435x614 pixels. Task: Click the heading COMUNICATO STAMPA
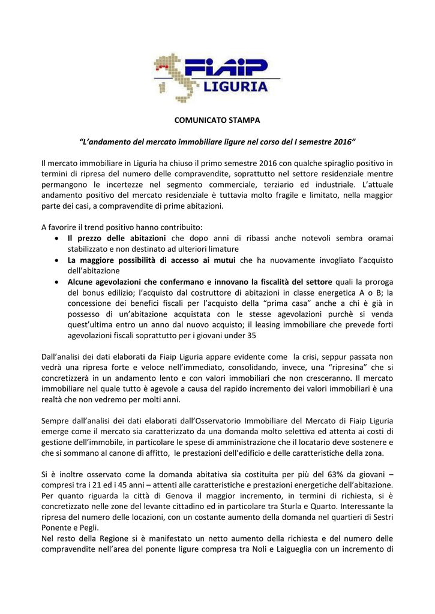[x=217, y=121]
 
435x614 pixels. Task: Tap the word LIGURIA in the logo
[x=235, y=87]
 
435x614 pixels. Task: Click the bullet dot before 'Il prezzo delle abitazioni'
[x=56, y=239]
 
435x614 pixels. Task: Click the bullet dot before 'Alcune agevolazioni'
[x=56, y=282]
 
